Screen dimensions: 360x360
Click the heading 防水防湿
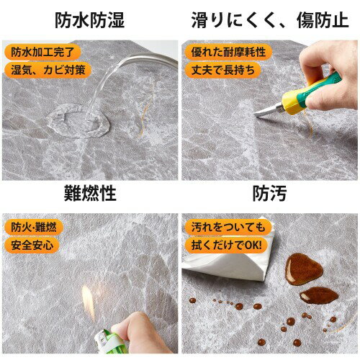coord(90,20)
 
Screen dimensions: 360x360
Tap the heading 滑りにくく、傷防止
coord(270,20)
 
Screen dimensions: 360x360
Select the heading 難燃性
coord(90,194)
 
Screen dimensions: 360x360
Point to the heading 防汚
coord(270,194)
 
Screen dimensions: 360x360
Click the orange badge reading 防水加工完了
coord(42,52)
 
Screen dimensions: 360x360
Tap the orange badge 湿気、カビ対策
coord(48,70)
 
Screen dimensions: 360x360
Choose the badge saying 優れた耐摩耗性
coord(228,52)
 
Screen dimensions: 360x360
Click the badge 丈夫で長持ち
coord(222,70)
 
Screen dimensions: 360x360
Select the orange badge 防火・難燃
coord(34,227)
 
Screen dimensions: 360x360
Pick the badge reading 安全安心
coord(32,245)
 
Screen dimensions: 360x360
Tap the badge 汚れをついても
coord(228,227)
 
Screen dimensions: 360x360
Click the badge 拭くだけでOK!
coord(226,245)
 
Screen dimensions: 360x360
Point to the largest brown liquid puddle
coord(304,269)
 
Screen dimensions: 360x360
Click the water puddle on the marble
coord(78,121)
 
